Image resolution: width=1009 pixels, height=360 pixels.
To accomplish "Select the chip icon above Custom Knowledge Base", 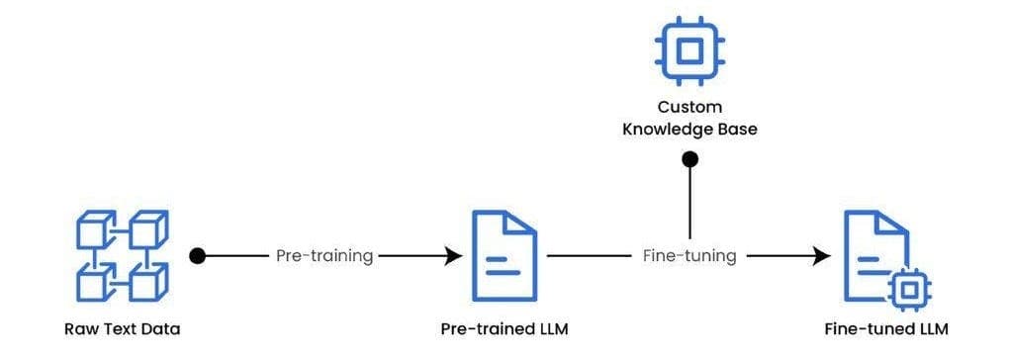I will (689, 48).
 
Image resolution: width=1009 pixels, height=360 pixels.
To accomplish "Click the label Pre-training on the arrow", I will (324, 256).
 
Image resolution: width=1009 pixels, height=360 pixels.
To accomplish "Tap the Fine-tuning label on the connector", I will (689, 256).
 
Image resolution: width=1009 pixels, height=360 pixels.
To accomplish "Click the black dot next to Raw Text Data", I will (197, 256).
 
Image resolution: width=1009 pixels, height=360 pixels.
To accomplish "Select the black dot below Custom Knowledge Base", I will (690, 158).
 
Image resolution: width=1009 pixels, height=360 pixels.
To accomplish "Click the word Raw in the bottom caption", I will (76, 329).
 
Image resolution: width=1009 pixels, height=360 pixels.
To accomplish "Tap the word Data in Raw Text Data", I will (161, 329).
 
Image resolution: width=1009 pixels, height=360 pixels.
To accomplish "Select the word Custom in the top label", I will (689, 107).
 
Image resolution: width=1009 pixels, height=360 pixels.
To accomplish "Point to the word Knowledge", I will (670, 129).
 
